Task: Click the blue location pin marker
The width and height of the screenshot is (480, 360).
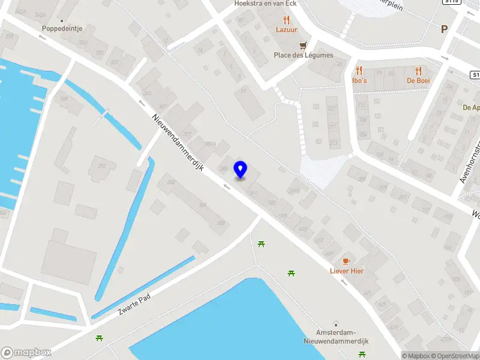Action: [x=241, y=169]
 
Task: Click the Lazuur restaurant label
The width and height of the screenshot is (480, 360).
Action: [x=286, y=29]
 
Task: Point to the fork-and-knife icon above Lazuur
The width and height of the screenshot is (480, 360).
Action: [x=286, y=19]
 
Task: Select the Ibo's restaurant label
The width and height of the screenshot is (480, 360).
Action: [x=359, y=80]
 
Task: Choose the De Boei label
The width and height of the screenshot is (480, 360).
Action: [x=418, y=80]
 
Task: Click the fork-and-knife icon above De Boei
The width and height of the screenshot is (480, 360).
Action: [x=418, y=70]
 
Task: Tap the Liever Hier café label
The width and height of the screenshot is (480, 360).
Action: [x=346, y=271]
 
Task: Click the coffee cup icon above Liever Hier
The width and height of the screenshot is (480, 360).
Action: [x=346, y=261]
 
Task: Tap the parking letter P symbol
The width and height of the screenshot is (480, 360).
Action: [x=445, y=29]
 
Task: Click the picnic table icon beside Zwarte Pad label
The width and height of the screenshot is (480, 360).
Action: [x=99, y=338]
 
